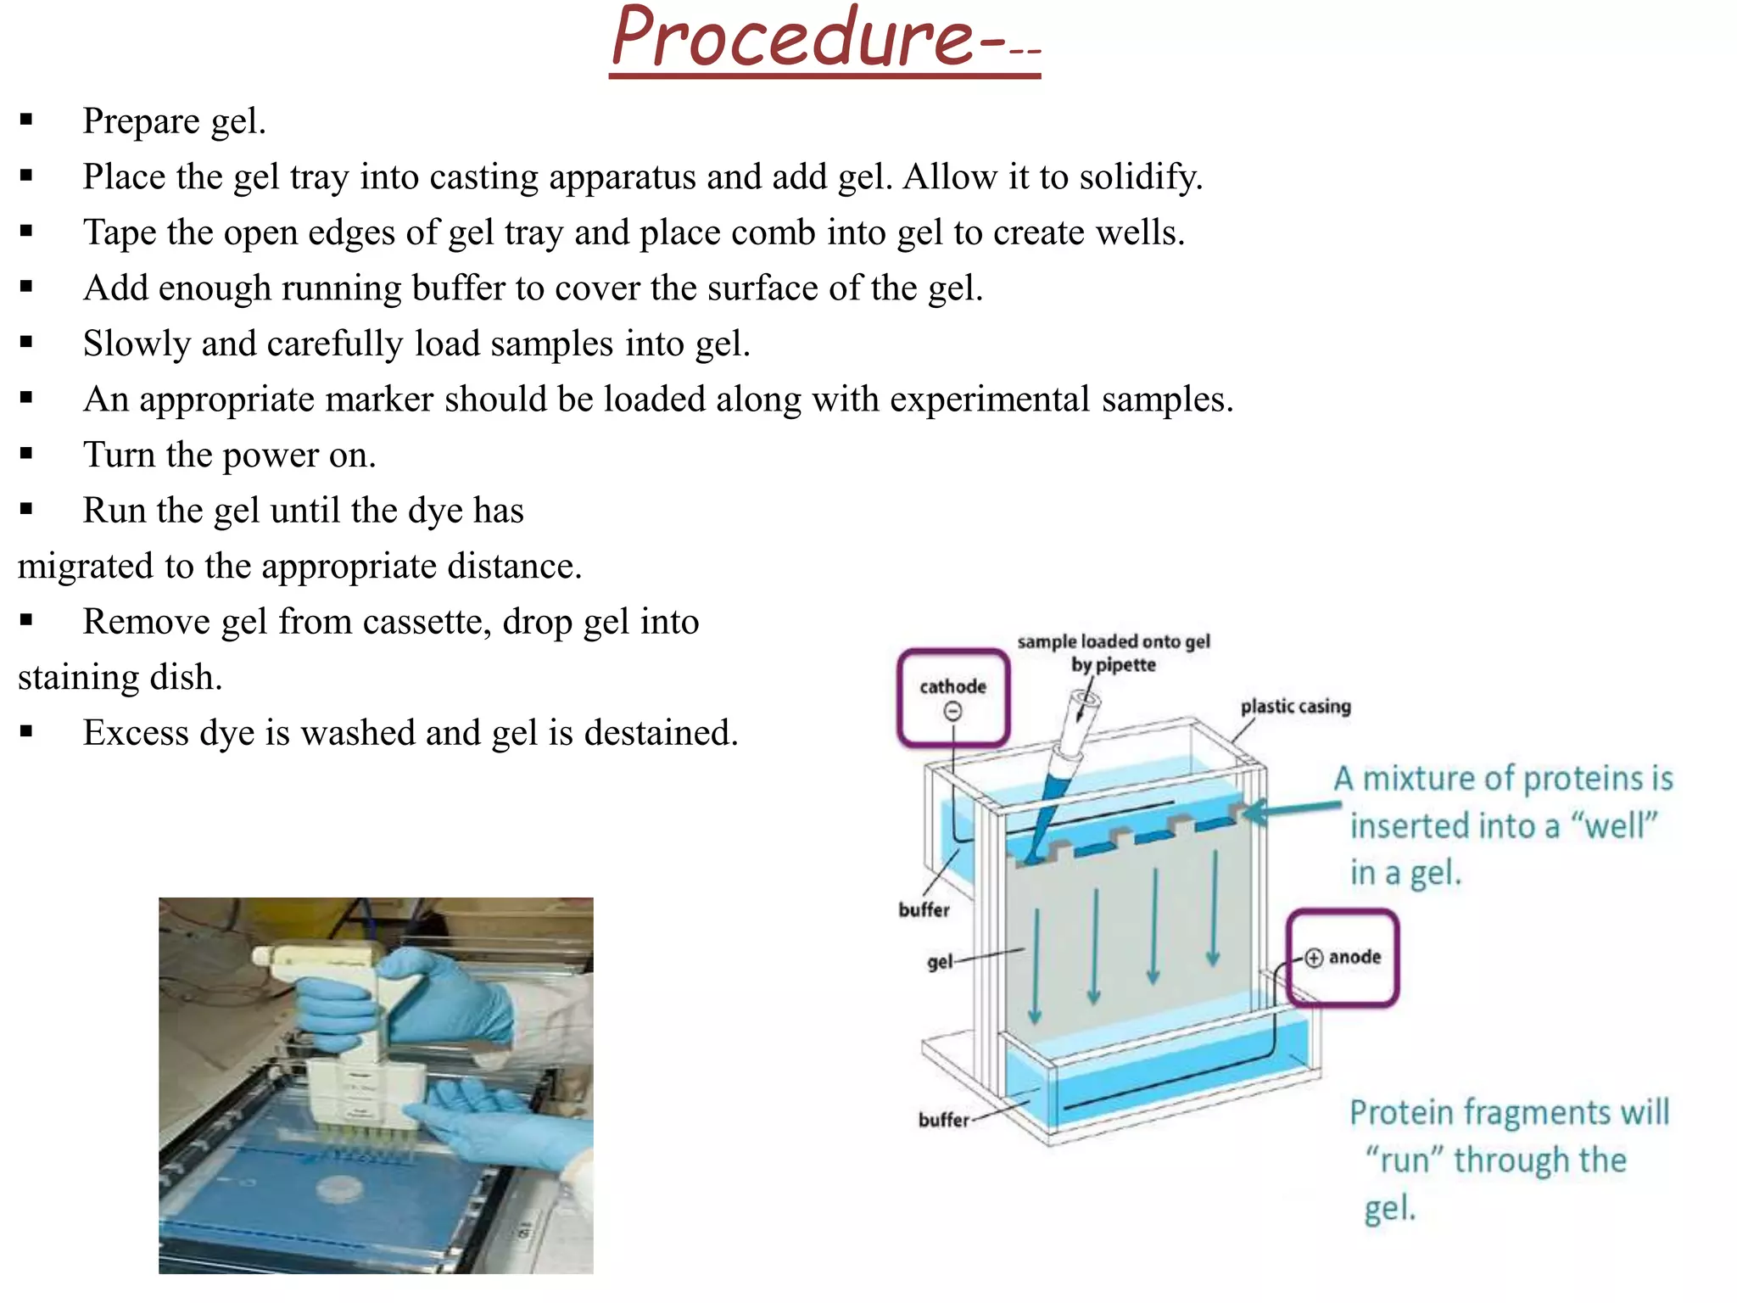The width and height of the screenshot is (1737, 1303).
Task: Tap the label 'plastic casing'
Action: tap(1296, 707)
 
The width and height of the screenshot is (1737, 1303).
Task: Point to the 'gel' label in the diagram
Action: tap(940, 962)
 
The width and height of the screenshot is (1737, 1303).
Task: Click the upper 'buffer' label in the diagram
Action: tap(924, 909)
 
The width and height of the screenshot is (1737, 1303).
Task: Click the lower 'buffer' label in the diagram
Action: tap(944, 1120)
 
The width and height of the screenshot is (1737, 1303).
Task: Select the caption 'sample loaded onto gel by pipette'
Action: tap(1114, 653)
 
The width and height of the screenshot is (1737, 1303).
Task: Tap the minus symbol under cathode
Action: tap(953, 712)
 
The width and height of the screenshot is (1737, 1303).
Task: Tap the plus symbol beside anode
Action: tap(1314, 958)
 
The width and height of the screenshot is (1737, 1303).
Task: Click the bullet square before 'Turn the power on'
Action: tap(26, 454)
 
